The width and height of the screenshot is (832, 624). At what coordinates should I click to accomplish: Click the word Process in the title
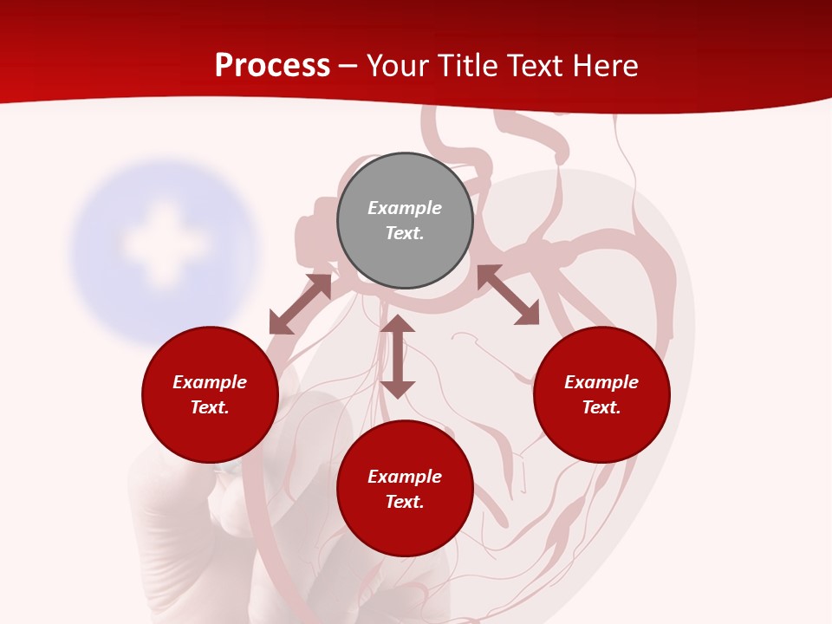click(x=272, y=66)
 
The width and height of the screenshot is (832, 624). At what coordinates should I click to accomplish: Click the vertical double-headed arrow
click(x=398, y=356)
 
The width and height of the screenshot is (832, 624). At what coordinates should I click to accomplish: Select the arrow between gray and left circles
click(x=300, y=304)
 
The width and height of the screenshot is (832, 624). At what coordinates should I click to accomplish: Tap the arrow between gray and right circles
click(x=508, y=295)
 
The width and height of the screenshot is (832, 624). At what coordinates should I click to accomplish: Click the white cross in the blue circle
click(x=163, y=244)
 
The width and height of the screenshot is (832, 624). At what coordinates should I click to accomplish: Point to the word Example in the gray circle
click(x=405, y=208)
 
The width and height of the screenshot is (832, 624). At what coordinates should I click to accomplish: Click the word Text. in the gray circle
click(x=405, y=233)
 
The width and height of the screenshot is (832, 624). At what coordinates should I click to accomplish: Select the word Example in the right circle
click(x=601, y=382)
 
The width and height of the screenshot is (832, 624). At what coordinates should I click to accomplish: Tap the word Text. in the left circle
click(x=210, y=407)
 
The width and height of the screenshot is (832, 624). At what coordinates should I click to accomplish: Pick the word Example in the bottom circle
click(x=405, y=477)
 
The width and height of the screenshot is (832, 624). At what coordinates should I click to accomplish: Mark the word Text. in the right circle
click(x=601, y=407)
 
